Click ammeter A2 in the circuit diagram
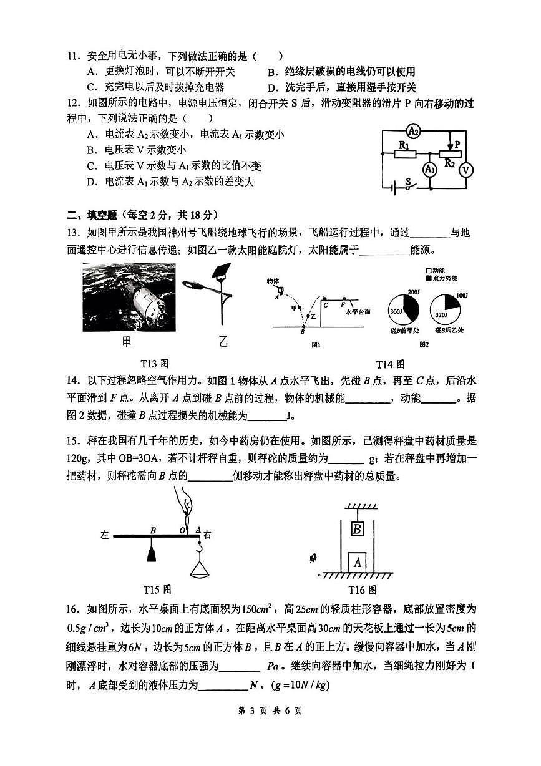(x=412, y=131)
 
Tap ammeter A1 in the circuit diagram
(x=429, y=170)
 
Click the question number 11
(x=75, y=57)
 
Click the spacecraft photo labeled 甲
(x=129, y=298)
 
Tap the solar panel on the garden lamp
(x=220, y=273)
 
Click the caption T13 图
(x=155, y=364)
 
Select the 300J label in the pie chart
(x=396, y=311)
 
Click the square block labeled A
(x=358, y=561)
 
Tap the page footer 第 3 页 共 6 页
(x=271, y=727)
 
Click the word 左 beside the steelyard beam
(x=105, y=535)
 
